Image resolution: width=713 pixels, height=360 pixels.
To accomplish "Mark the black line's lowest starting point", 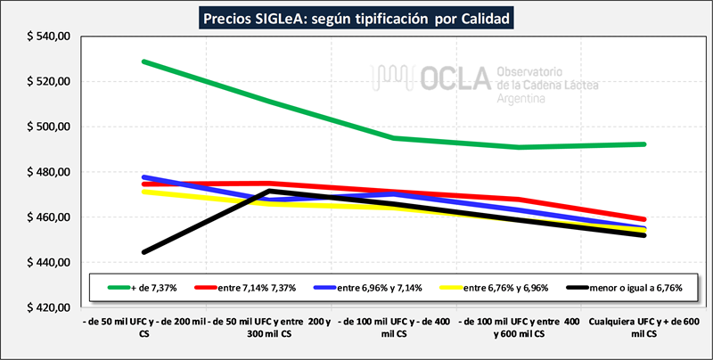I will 143,252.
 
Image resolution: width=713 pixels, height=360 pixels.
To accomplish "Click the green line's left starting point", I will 143,61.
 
